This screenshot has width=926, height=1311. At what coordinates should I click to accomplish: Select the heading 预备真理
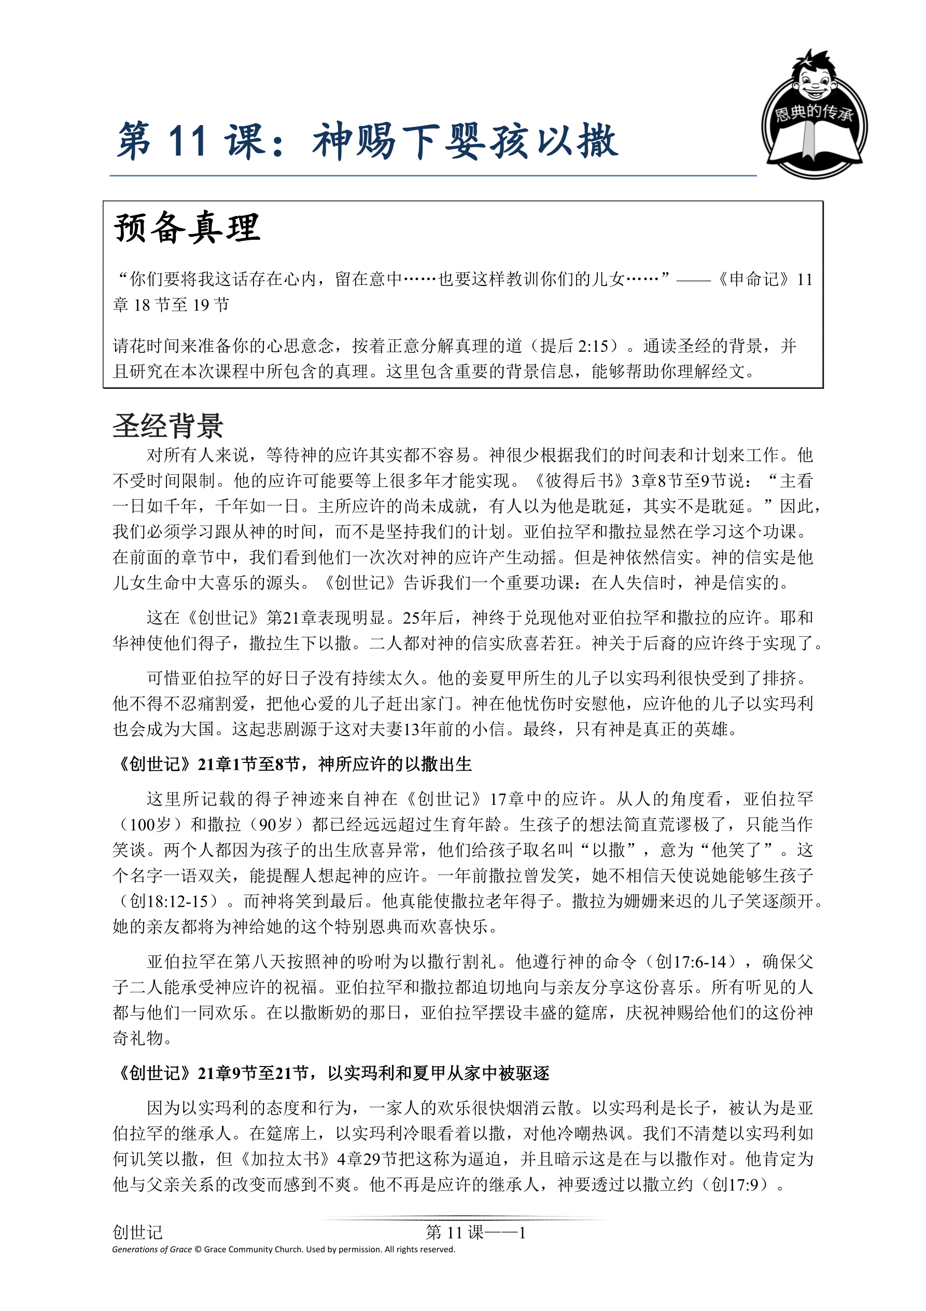pos(187,228)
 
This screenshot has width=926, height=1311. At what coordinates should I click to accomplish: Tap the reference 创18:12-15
pos(169,901)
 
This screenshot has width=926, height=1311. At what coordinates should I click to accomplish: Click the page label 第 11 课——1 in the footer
pos(475,1233)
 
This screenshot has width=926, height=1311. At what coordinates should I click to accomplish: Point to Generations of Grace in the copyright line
pos(152,1249)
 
